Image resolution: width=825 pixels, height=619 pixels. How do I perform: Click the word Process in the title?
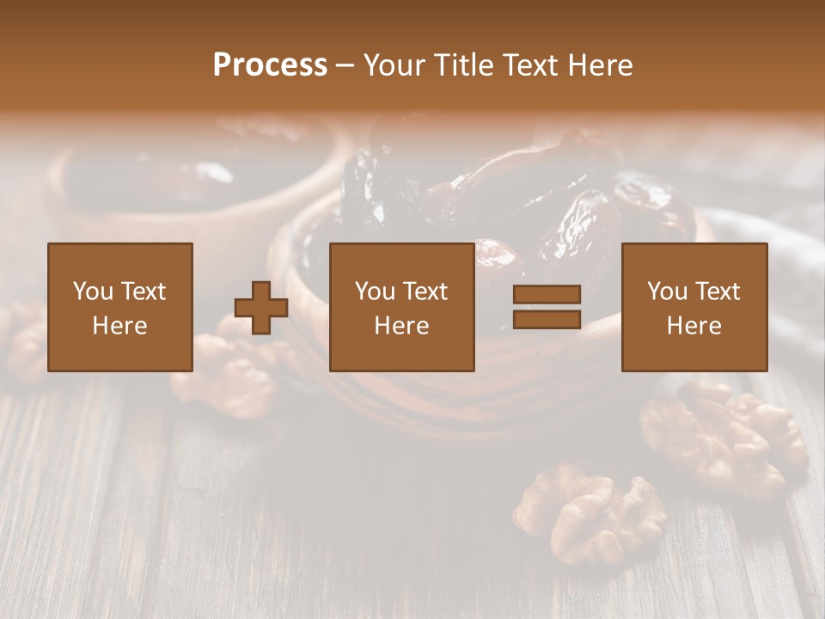pyautogui.click(x=270, y=65)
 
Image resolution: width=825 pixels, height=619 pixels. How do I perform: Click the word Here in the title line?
pyautogui.click(x=601, y=65)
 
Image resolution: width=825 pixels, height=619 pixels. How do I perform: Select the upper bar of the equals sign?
pyautogui.click(x=547, y=295)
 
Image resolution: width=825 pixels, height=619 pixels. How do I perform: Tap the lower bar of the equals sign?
pyautogui.click(x=547, y=320)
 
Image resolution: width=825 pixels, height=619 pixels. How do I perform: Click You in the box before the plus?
pyautogui.click(x=93, y=291)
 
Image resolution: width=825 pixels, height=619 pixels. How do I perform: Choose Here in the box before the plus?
pyautogui.click(x=119, y=326)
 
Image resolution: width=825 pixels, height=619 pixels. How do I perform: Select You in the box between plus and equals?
pyautogui.click(x=375, y=291)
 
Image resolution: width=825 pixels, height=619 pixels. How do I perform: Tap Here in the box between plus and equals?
pyautogui.click(x=401, y=326)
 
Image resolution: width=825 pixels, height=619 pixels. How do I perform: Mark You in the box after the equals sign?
pyautogui.click(x=667, y=291)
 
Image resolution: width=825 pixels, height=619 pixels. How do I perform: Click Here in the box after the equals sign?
pyautogui.click(x=694, y=326)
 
